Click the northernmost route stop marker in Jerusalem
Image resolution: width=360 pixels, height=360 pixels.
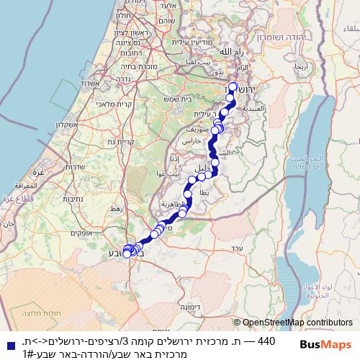tap(233, 87)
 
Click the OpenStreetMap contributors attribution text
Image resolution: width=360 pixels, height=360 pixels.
tap(297, 323)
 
